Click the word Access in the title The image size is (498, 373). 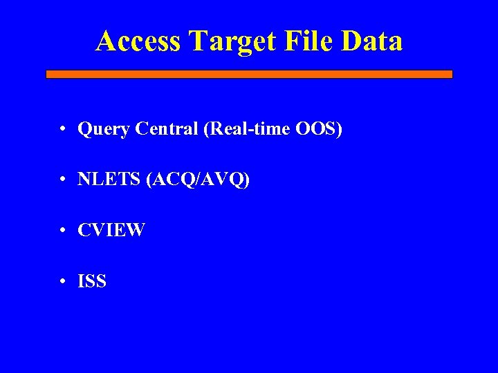[138, 41]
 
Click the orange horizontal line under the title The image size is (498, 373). [249, 74]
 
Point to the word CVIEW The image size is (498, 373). [111, 230]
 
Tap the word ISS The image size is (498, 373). [92, 281]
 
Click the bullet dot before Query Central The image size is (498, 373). [62, 129]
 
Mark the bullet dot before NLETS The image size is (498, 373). [62, 180]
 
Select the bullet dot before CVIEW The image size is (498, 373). [62, 231]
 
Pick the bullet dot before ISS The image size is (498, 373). [62, 282]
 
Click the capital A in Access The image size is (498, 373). [106, 41]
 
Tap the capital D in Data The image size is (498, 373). [350, 41]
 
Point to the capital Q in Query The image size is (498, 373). [85, 128]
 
